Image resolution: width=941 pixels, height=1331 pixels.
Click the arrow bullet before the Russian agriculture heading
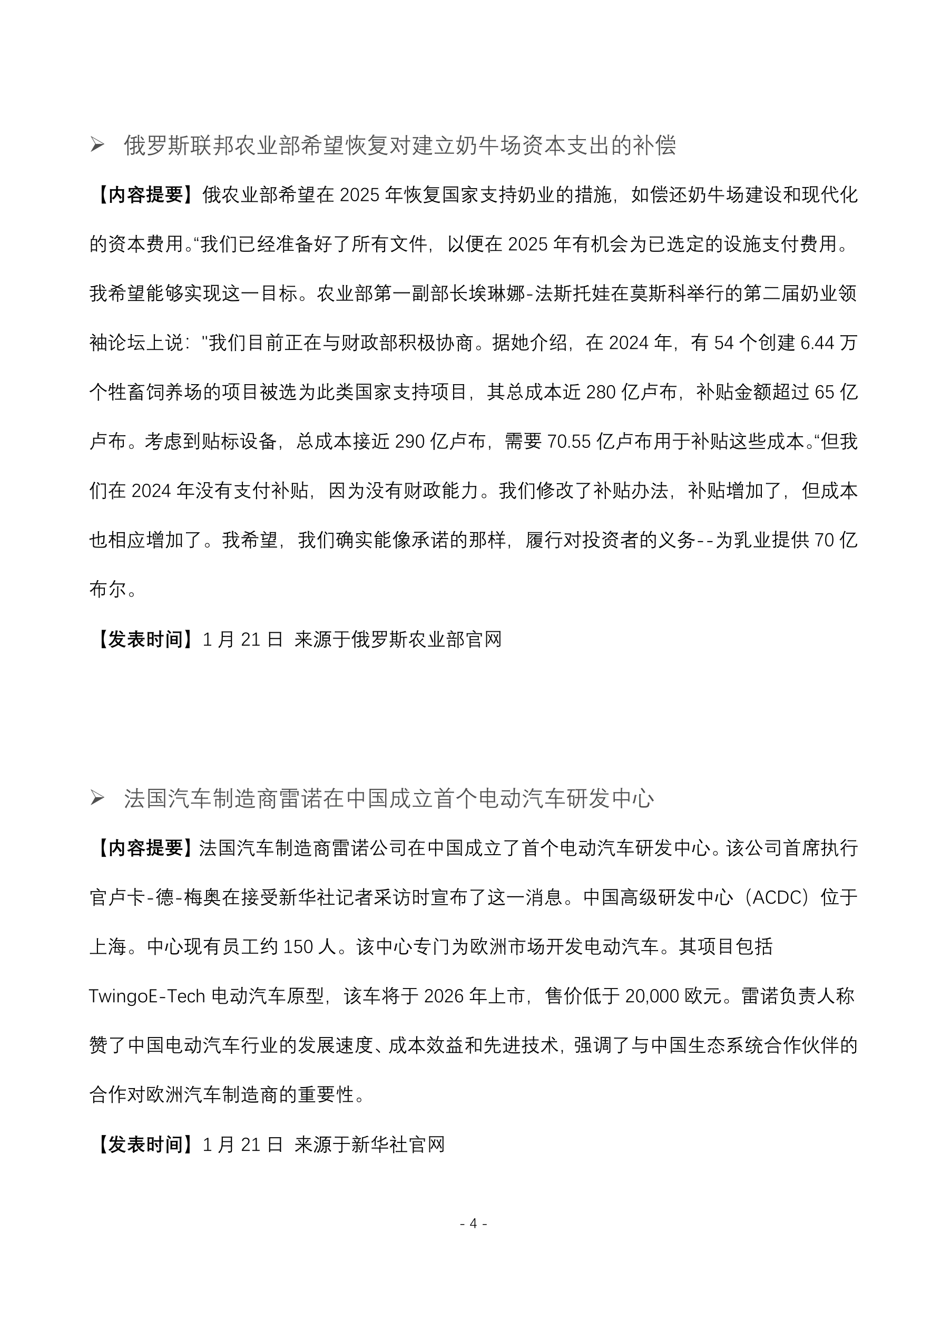97,145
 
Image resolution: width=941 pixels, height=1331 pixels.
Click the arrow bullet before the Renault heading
97,798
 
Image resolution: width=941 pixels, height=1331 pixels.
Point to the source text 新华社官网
398,1144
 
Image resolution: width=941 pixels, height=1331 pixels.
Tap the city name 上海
108,947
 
